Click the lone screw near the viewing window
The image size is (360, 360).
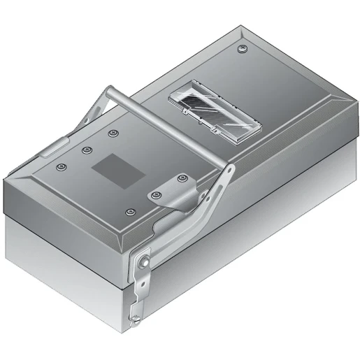click(243, 50)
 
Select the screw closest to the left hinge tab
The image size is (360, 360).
click(62, 168)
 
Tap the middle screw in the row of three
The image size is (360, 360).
click(87, 150)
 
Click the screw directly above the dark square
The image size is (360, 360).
click(112, 133)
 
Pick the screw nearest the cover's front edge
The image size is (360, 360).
click(128, 212)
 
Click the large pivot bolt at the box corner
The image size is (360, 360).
click(143, 261)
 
